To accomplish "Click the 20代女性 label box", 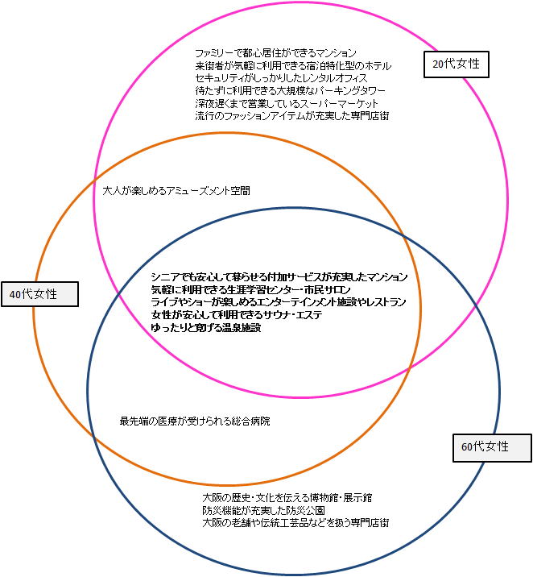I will pyautogui.click(x=456, y=64).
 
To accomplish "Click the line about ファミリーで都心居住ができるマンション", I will pyautogui.click(x=275, y=53).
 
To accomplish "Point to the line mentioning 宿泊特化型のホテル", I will pyautogui.click(x=293, y=65).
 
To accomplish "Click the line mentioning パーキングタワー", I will pyautogui.click(x=290, y=91).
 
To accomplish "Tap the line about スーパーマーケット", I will pyautogui.click(x=286, y=104).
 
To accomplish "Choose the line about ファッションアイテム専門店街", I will pyautogui.click(x=292, y=117).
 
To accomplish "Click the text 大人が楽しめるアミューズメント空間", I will pyautogui.click(x=176, y=191).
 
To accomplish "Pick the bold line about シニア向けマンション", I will pyautogui.click(x=279, y=276).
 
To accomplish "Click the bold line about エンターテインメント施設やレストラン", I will pyautogui.click(x=278, y=302).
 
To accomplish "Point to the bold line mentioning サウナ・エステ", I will pyautogui.click(x=236, y=315).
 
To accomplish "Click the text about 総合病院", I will pyautogui.click(x=195, y=421).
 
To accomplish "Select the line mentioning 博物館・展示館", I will pyautogui.click(x=287, y=497).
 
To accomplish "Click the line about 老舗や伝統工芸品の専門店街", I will pyautogui.click(x=296, y=523).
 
